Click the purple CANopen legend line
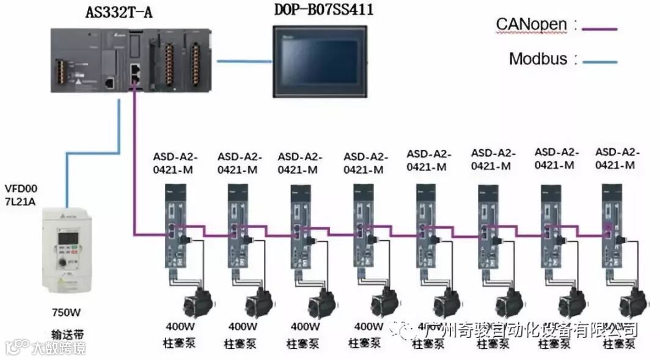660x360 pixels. (599, 28)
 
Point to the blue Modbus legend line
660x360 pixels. (599, 61)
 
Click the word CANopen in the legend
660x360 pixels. (532, 25)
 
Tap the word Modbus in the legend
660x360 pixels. (538, 59)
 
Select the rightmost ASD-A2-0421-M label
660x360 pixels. (617, 158)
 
